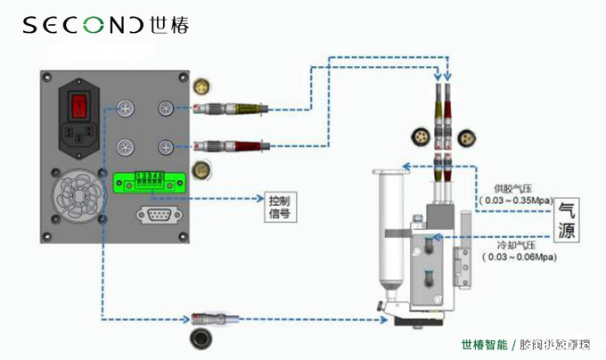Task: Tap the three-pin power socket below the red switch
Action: (82, 136)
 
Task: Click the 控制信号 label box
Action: (279, 206)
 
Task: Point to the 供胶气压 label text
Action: (516, 189)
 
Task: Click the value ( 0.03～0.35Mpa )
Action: (517, 202)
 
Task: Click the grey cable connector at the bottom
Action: (215, 317)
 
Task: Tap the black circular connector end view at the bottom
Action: (201, 339)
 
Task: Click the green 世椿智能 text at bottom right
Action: (484, 345)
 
